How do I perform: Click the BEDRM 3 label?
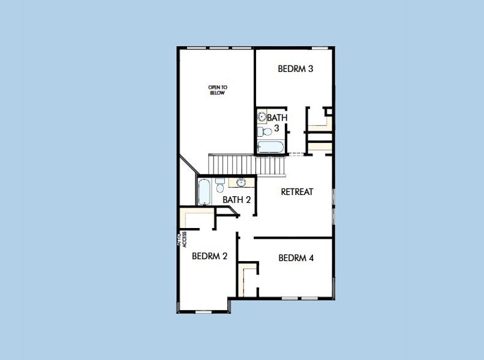click(x=296, y=68)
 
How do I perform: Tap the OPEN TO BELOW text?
click(x=218, y=90)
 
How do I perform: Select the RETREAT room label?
click(x=297, y=192)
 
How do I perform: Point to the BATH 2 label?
click(x=237, y=199)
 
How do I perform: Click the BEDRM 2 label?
click(x=209, y=256)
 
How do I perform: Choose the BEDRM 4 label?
click(x=296, y=258)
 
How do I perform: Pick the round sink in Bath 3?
click(x=262, y=117)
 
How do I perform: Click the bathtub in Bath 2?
click(x=204, y=191)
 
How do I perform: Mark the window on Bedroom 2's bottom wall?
click(x=204, y=311)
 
